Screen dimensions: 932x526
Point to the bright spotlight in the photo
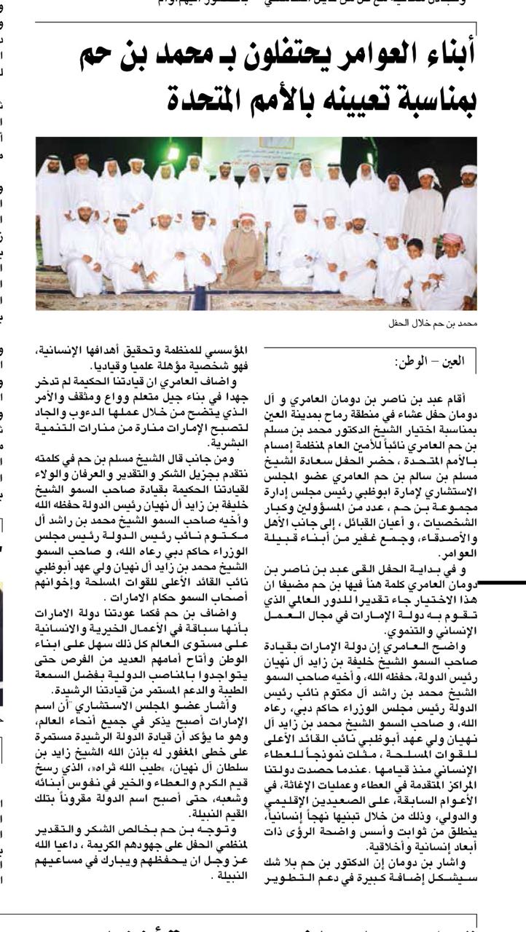click(x=173, y=154)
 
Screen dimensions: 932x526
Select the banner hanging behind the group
click(x=276, y=142)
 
